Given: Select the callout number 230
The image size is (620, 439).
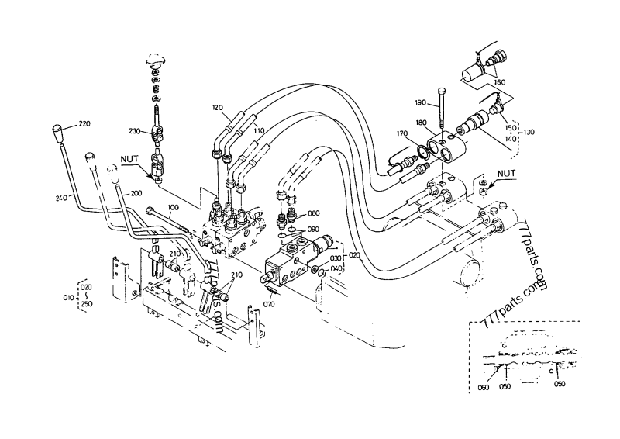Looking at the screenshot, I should pos(135,131).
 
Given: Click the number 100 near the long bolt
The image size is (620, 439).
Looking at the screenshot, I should pos(173,207).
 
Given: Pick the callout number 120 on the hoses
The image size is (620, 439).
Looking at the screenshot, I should pos(216,106).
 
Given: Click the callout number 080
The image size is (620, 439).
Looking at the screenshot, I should pos(313,213).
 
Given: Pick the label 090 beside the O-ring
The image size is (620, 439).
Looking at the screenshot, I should pos(313,229).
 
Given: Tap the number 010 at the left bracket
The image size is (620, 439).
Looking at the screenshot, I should pos(67,297).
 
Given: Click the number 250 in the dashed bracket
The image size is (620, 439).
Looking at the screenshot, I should pos(86,305).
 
